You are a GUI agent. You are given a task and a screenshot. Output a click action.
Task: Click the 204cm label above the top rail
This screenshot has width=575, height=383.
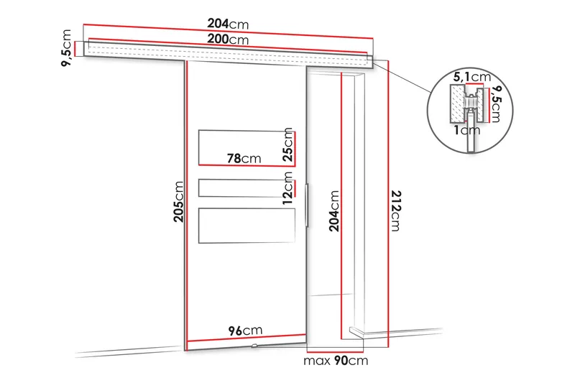228,24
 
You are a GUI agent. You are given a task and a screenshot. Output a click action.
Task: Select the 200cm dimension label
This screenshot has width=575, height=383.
228,39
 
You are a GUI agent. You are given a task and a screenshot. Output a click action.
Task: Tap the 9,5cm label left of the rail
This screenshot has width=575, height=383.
66,48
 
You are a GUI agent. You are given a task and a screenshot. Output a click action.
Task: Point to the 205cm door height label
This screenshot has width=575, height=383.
178,202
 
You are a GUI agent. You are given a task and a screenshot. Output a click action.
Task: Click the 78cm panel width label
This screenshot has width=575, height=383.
244,158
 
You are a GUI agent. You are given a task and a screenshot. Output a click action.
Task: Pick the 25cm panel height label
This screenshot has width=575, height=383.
288,144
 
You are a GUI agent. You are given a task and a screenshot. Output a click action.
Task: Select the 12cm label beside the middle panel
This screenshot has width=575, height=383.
288,188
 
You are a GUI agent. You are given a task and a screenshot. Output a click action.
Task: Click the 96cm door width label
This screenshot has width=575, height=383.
245,331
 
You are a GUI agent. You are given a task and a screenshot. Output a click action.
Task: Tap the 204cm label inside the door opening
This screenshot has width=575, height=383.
334,211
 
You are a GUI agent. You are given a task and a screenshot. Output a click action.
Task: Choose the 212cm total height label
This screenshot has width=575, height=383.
396,211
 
